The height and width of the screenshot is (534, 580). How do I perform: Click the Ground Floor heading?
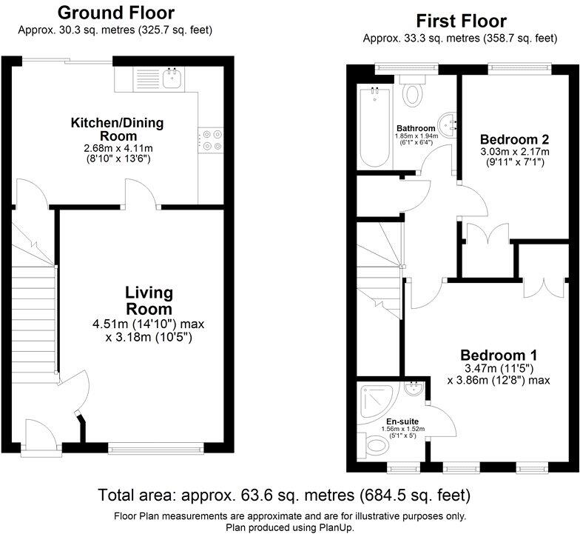tap(115, 13)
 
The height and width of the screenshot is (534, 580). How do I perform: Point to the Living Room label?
tap(148, 301)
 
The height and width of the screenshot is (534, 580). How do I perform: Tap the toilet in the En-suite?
tap(376, 445)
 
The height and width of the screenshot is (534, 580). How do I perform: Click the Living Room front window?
tap(155, 447)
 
